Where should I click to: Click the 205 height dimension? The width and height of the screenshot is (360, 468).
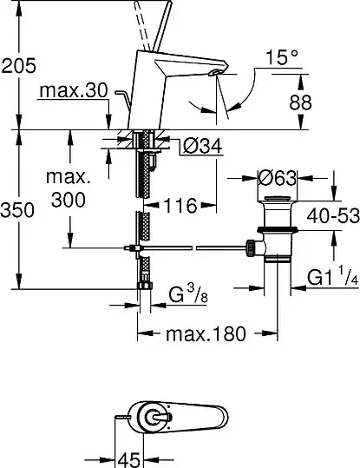[x=18, y=66]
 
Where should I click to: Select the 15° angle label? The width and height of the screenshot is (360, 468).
[x=282, y=57]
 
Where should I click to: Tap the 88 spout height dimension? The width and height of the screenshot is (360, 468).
[x=300, y=102]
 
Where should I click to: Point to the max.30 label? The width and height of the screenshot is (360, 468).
[x=73, y=89]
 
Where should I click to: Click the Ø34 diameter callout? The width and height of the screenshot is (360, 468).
[x=203, y=146]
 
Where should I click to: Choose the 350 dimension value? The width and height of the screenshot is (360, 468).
[x=17, y=210]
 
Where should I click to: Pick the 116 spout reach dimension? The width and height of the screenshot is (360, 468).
[x=180, y=205]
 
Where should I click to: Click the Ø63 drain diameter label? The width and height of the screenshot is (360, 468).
[x=278, y=179]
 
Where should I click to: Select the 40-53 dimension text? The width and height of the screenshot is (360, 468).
[x=333, y=215]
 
